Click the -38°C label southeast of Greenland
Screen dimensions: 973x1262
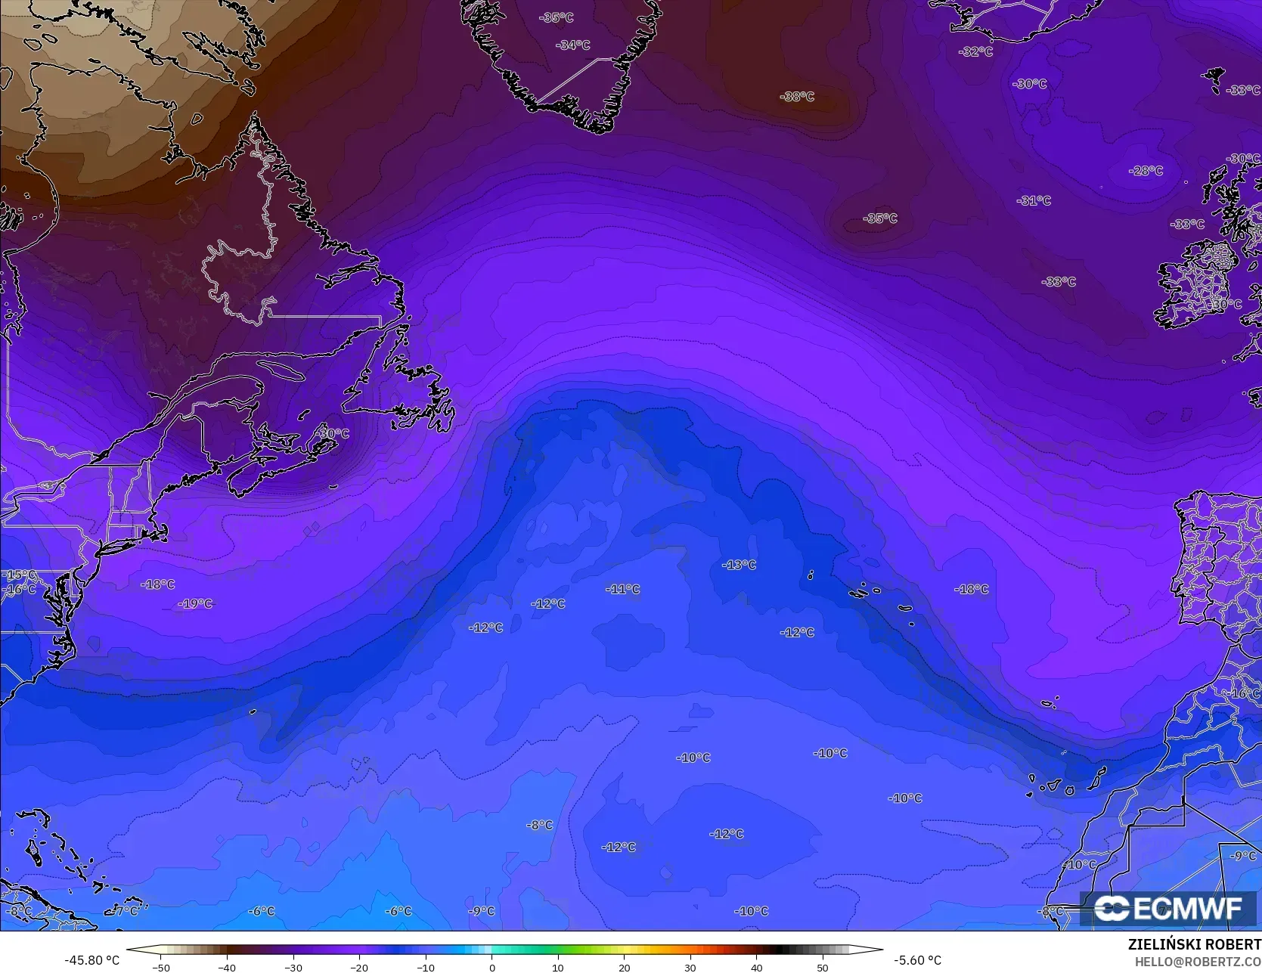pyautogui.click(x=797, y=97)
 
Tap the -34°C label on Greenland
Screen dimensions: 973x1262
pyautogui.click(x=572, y=45)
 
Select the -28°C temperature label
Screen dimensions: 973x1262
pyautogui.click(x=1146, y=171)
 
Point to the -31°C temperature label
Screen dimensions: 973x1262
pyautogui.click(x=1034, y=201)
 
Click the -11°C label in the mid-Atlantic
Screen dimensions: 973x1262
pyautogui.click(x=623, y=590)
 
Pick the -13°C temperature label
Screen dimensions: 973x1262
pyautogui.click(x=739, y=566)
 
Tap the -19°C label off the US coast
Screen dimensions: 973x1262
pyautogui.click(x=195, y=604)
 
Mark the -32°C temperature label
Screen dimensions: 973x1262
pyautogui.click(x=975, y=52)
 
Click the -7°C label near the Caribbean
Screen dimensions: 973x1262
pyautogui.click(x=126, y=911)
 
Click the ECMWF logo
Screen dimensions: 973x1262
pyautogui.click(x=1169, y=909)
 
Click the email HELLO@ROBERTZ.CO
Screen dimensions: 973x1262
pyautogui.click(x=1198, y=960)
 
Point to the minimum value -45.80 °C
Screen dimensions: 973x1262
pyautogui.click(x=91, y=960)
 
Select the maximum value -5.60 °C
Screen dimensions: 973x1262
pyautogui.click(x=917, y=960)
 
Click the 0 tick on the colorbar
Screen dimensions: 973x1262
pyautogui.click(x=491, y=968)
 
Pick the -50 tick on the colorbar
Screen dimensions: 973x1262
pyautogui.click(x=160, y=968)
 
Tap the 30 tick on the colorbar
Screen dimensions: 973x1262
pyautogui.click(x=690, y=968)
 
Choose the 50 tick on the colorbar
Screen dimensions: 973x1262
pyautogui.click(x=823, y=968)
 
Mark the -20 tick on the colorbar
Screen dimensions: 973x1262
pyautogui.click(x=359, y=968)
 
